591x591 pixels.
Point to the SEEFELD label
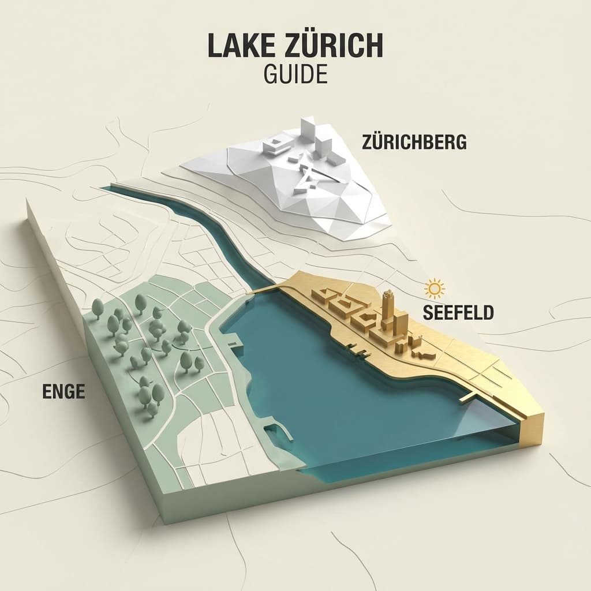(x=458, y=312)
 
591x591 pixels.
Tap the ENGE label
(x=63, y=391)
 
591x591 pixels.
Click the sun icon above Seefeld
(x=433, y=287)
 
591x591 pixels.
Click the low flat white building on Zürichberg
(x=276, y=145)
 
